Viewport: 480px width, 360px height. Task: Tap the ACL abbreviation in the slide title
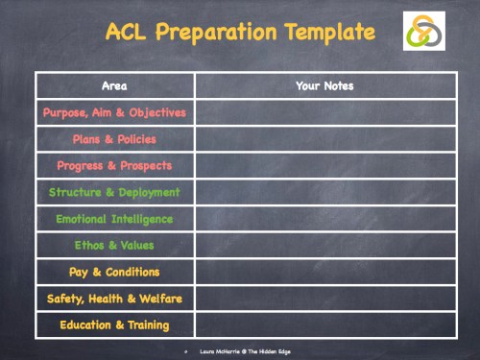[129, 32]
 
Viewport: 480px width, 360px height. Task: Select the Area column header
[114, 86]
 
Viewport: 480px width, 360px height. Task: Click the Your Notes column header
[324, 86]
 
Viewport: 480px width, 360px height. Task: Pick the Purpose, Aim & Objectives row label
[114, 112]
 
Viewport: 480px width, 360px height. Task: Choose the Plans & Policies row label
[114, 139]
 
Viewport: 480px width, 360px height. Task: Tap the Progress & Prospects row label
[114, 165]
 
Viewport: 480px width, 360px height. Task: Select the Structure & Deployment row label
[114, 192]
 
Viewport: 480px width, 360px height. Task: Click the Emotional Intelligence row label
[114, 219]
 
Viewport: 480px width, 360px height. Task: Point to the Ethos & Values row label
[114, 245]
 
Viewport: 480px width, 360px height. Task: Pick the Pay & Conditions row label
[114, 272]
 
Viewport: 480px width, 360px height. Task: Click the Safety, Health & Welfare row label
[114, 299]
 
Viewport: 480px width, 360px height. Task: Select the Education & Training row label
[114, 324]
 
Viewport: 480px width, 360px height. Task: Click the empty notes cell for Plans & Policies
[324, 139]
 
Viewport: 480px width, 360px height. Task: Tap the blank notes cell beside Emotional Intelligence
[324, 219]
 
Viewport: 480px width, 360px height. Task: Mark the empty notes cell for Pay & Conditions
[324, 272]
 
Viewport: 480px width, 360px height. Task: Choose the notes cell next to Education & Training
[324, 324]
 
